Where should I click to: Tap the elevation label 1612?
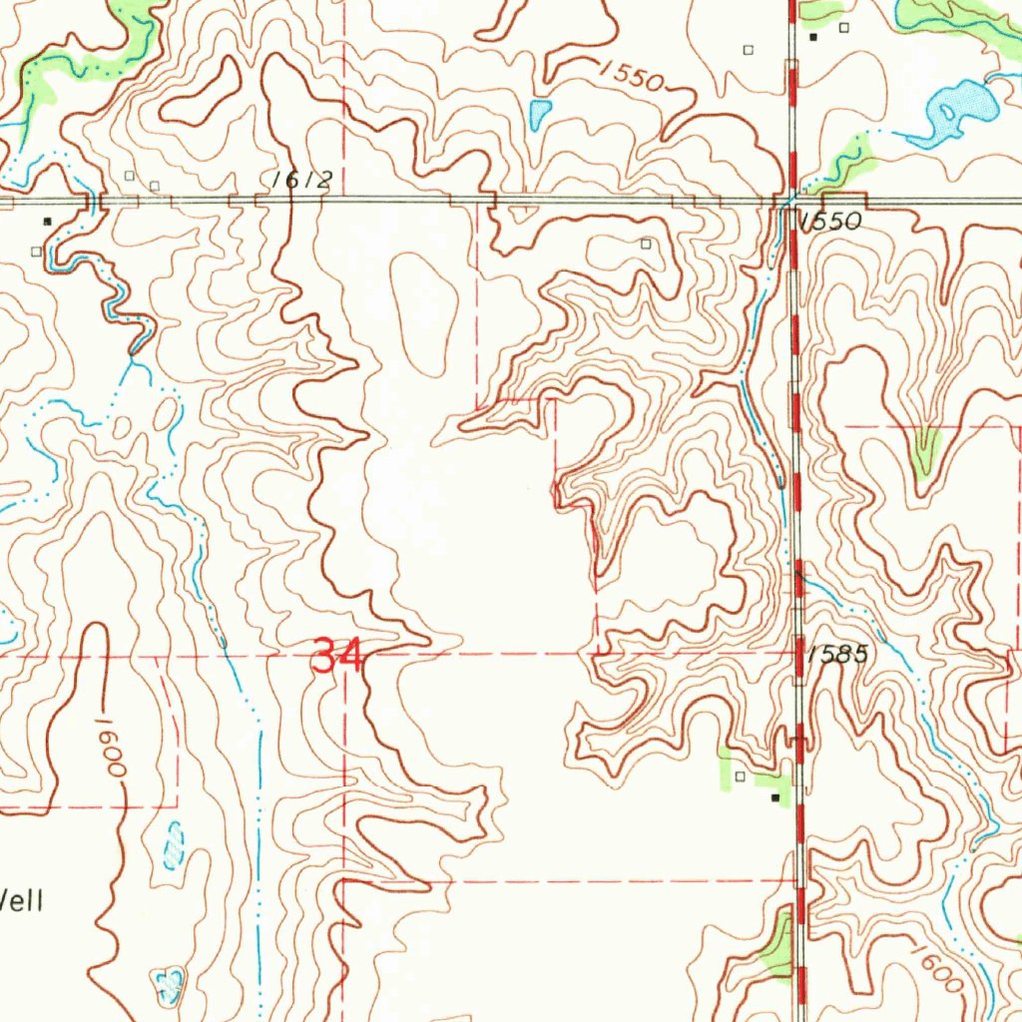pyautogui.click(x=300, y=180)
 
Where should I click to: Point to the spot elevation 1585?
pyautogui.click(x=838, y=655)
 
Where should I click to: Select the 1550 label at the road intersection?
pyautogui.click(x=831, y=223)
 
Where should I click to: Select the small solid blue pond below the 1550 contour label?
pyautogui.click(x=540, y=113)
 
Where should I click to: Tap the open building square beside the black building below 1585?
pyautogui.click(x=740, y=775)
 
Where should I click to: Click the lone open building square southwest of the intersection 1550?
pyautogui.click(x=646, y=243)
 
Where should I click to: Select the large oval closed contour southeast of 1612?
pyautogui.click(x=425, y=314)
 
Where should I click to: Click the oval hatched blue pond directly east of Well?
pyautogui.click(x=174, y=844)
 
